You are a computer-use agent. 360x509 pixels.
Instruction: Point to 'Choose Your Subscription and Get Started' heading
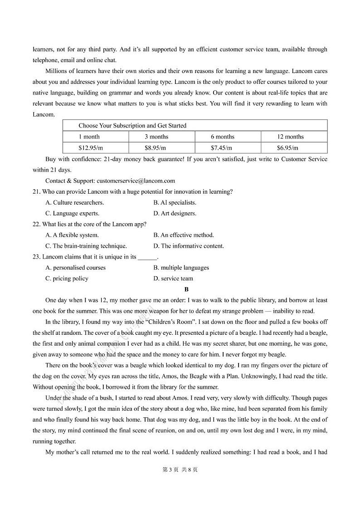tap(132, 126)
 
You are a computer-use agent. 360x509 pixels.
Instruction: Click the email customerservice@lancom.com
tap(136, 181)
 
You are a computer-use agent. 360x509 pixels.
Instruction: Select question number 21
tap(36, 191)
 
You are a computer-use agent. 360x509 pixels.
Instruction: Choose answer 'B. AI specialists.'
tap(175, 202)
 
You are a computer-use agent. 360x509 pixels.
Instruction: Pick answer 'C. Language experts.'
tap(72, 213)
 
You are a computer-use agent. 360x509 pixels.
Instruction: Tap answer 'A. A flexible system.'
tap(72, 235)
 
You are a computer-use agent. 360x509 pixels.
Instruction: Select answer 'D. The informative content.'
tap(189, 246)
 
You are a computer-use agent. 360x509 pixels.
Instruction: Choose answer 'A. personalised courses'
tap(75, 268)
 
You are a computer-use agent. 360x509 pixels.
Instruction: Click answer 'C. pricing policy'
tap(67, 279)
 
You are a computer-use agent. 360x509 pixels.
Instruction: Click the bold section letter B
tap(186, 289)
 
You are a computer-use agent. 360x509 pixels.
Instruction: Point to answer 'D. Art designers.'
tap(175, 213)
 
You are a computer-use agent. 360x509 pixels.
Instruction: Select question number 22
tap(36, 224)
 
